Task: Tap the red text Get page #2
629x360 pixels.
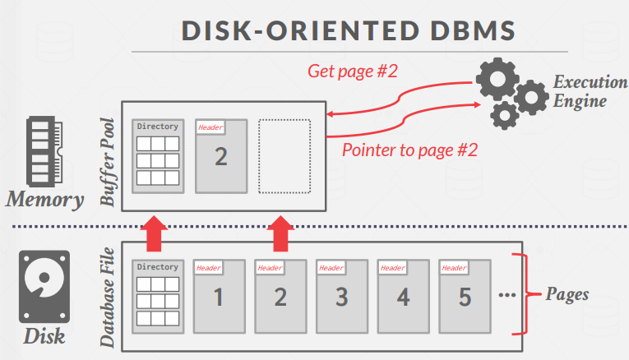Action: tap(353, 71)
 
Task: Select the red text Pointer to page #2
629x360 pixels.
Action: tap(409, 150)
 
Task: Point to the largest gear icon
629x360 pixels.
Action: tap(500, 81)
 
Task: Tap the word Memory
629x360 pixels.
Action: tap(45, 200)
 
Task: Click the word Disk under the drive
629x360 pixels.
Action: tap(44, 337)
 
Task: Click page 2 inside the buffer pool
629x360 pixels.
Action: tap(220, 155)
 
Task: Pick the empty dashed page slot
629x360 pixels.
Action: tap(284, 156)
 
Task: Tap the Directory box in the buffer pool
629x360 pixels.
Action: tap(157, 155)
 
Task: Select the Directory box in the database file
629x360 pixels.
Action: tap(157, 296)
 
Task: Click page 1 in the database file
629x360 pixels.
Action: tap(219, 296)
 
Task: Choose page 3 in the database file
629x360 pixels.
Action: tap(341, 296)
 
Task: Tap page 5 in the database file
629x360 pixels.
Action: tap(465, 296)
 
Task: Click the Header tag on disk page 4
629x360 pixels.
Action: tap(392, 268)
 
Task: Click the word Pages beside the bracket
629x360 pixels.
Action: tap(567, 293)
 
